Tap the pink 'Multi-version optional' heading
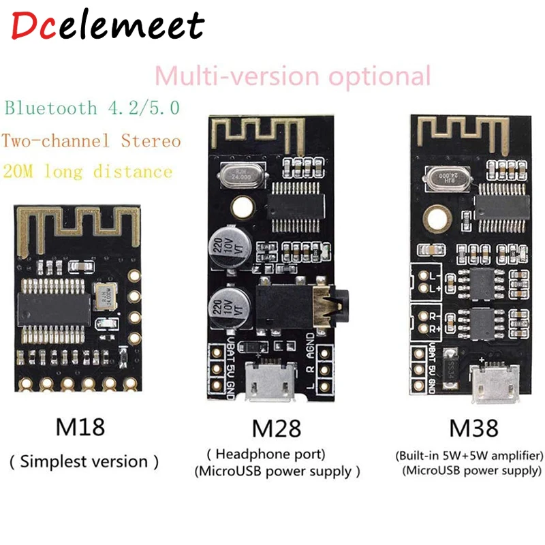coord(293,75)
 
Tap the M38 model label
coord(470,429)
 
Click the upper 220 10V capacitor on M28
coord(229,246)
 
